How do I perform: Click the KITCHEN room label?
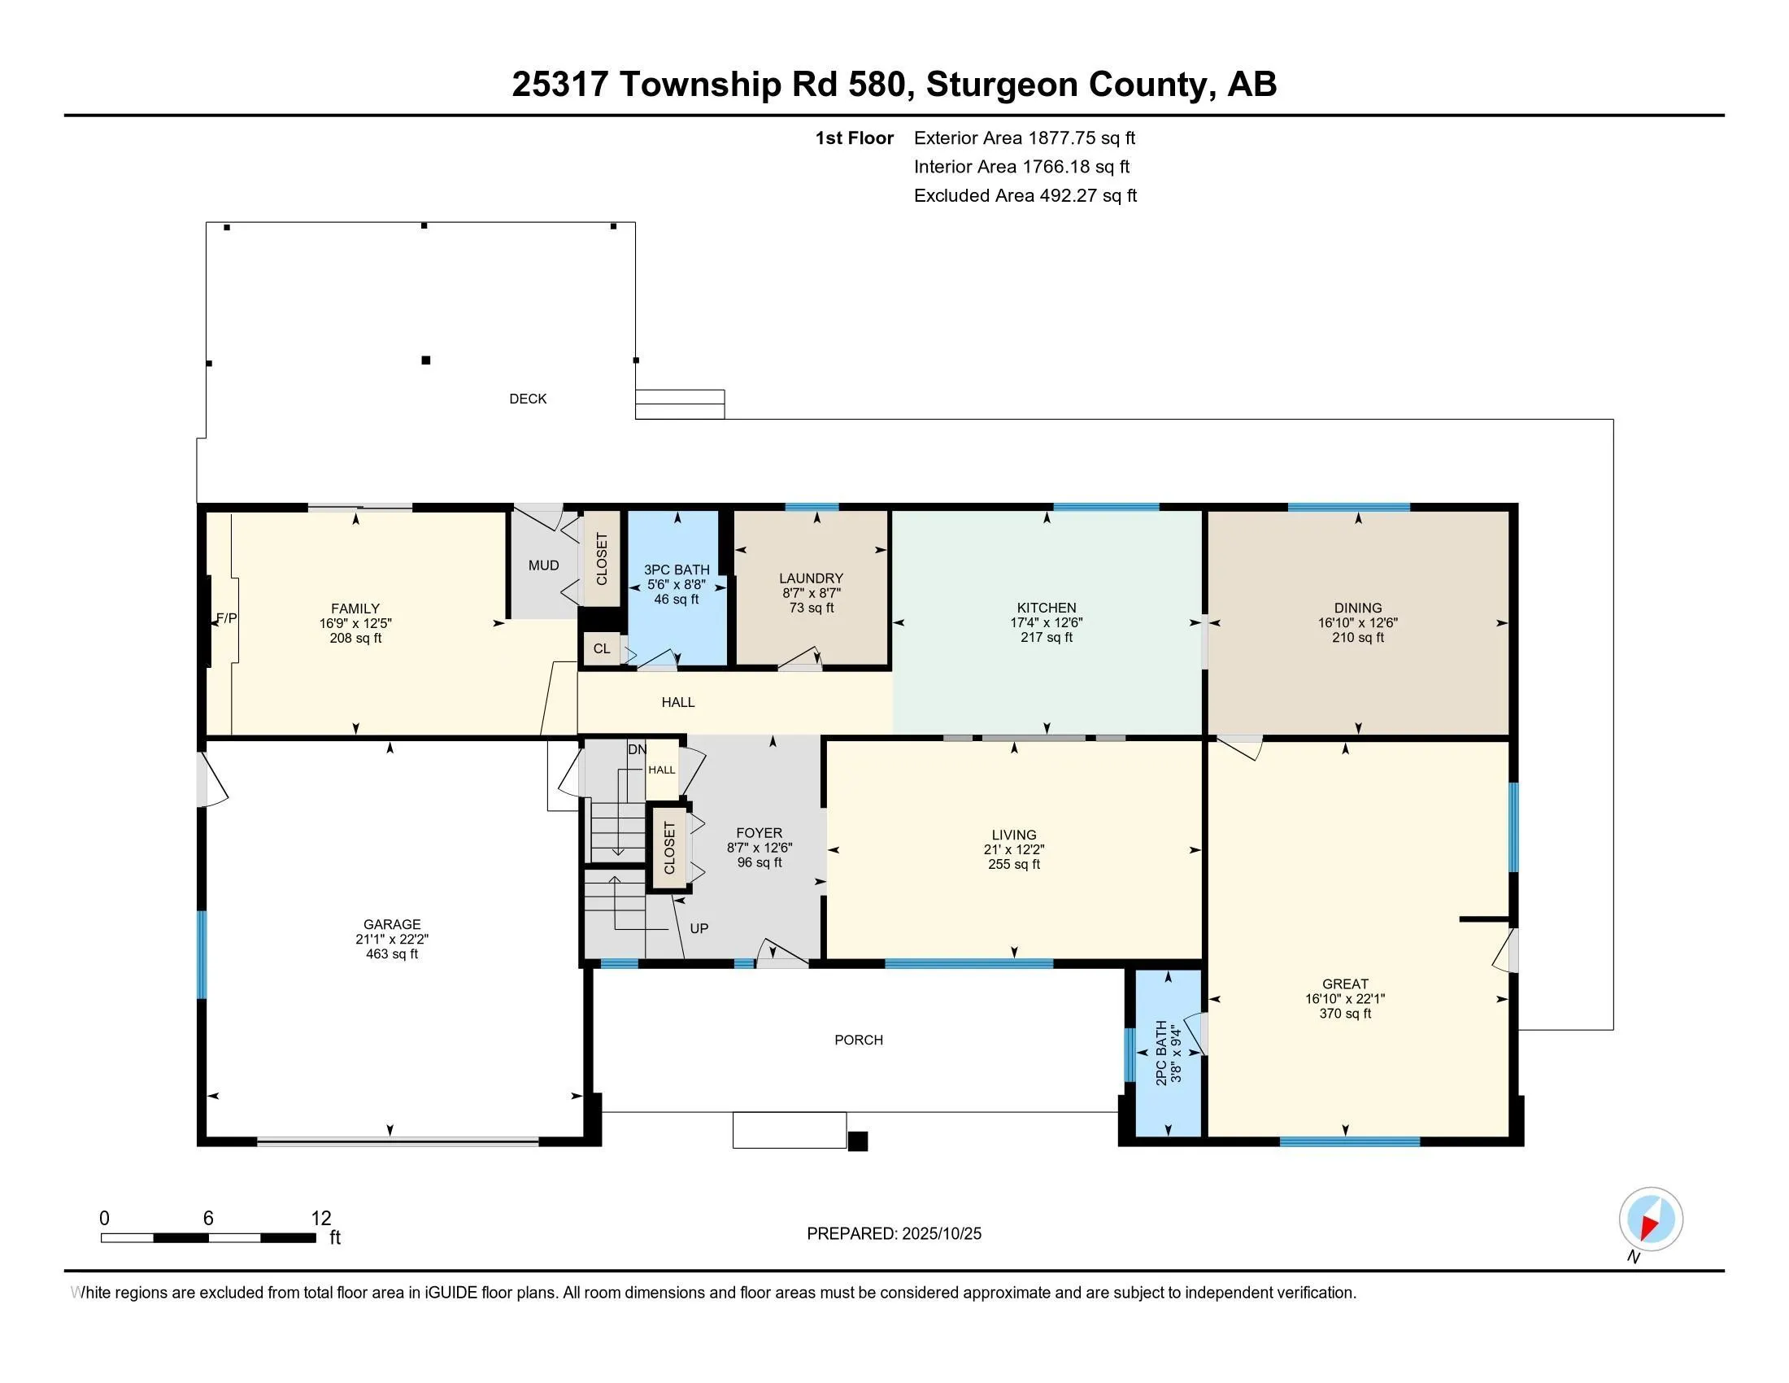click(x=1046, y=608)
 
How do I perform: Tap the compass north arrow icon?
click(x=1651, y=1219)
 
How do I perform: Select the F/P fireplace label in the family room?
click(x=227, y=618)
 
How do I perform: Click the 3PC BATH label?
click(x=677, y=569)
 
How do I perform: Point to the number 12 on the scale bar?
click(x=321, y=1219)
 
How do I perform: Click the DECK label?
click(x=528, y=399)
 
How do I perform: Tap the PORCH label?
click(x=859, y=1040)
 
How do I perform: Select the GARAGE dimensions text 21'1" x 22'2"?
click(x=392, y=939)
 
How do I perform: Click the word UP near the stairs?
click(x=699, y=928)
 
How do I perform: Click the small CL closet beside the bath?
click(x=602, y=649)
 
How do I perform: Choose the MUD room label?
click(x=543, y=565)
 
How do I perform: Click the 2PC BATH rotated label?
click(x=1160, y=1053)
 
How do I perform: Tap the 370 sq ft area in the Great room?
click(x=1345, y=1014)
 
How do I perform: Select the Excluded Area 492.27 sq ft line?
click(x=1025, y=196)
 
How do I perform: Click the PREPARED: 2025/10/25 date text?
click(x=894, y=1234)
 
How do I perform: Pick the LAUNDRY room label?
click(x=811, y=578)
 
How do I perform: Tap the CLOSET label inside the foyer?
click(x=669, y=848)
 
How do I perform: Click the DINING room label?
click(x=1357, y=608)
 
